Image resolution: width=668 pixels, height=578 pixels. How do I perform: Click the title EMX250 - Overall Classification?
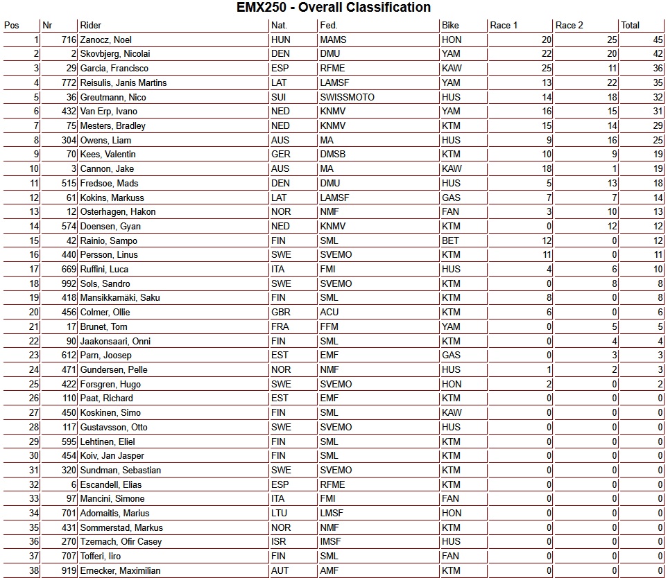tap(334, 8)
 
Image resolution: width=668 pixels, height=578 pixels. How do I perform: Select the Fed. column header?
tap(329, 26)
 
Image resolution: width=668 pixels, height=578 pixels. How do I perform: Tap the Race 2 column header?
tap(569, 26)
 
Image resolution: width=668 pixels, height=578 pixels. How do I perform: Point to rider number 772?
tap(67, 82)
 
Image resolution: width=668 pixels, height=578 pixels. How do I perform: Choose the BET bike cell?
tap(450, 240)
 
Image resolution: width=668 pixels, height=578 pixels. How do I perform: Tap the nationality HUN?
tap(281, 40)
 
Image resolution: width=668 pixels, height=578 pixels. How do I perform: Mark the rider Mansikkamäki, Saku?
tap(119, 298)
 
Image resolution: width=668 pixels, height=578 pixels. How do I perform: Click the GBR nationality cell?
tap(281, 312)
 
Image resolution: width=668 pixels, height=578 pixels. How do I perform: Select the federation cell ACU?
tap(329, 312)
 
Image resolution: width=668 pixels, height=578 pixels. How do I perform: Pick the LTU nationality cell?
tap(280, 513)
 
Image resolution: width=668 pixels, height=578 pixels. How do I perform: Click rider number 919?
tap(67, 570)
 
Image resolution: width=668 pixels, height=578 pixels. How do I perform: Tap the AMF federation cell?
tap(329, 570)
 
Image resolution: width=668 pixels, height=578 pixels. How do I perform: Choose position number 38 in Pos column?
tap(34, 570)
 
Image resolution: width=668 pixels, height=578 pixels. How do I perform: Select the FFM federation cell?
tap(329, 326)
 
